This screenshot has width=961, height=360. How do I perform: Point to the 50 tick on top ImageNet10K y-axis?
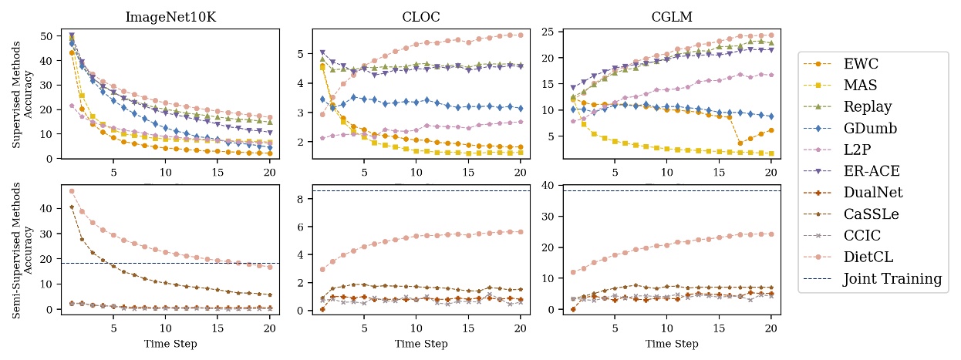point(48,36)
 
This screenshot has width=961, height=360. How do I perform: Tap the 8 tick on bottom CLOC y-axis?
point(302,199)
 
